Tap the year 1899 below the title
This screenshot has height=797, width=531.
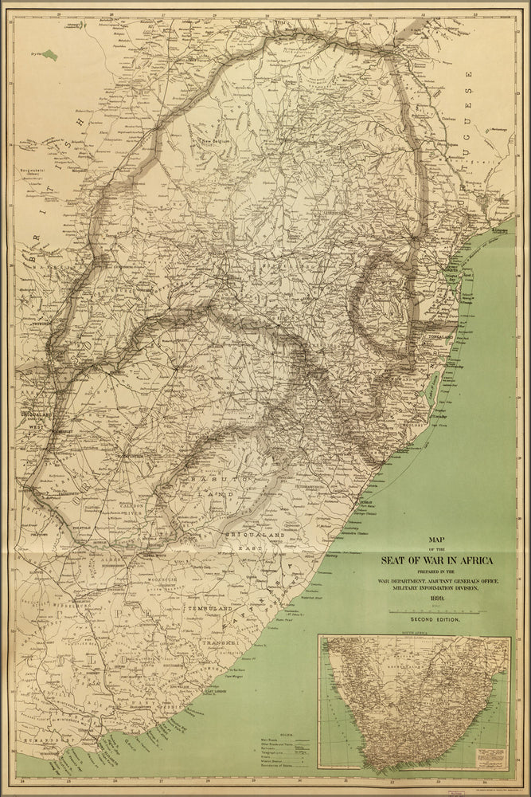point(433,599)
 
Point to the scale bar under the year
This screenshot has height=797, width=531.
point(433,611)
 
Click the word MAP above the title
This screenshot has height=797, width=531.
point(433,539)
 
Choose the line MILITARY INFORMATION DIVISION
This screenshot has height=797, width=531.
point(433,589)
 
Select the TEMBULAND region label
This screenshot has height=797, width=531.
point(209,609)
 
